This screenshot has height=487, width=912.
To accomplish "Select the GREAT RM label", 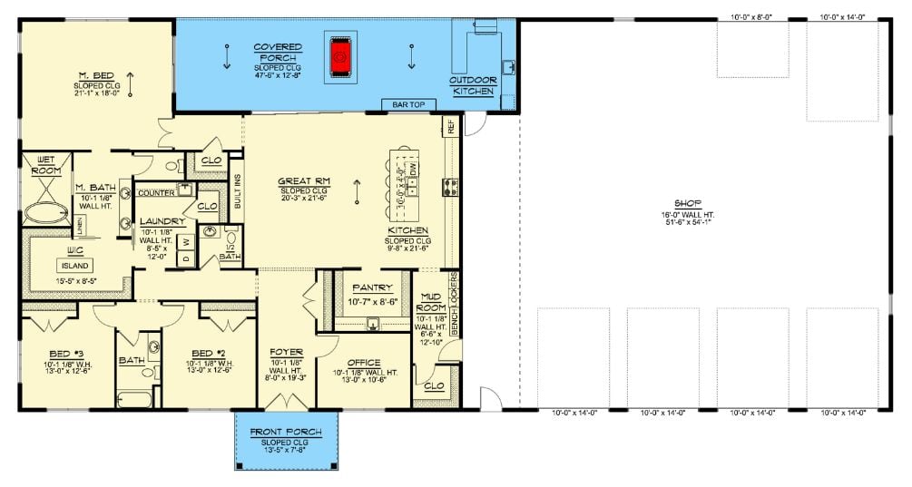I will point(305,181).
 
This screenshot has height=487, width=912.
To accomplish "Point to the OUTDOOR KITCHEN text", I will point(473,85).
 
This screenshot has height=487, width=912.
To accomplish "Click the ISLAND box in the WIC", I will point(75,266).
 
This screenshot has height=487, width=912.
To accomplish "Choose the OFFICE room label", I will point(364,363).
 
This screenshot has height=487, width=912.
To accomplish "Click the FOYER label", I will point(287,352).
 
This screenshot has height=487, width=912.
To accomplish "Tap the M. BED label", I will point(94,76).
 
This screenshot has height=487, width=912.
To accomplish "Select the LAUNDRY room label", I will point(162,221).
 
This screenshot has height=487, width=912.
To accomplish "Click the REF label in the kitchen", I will point(448,126).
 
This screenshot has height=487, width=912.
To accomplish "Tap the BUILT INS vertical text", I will point(238,187).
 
